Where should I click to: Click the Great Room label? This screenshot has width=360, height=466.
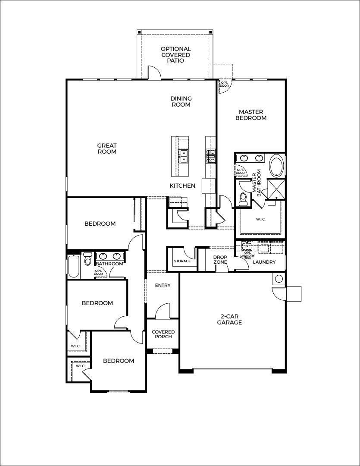[106, 148]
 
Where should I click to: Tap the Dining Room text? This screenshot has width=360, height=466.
[181, 101]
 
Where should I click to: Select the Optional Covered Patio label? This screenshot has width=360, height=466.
[175, 55]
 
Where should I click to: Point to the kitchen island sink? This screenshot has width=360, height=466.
[184, 156]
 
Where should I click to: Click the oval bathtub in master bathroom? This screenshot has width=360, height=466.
[276, 166]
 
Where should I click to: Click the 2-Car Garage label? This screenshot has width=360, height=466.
[229, 319]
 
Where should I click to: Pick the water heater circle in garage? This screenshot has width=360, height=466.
[279, 279]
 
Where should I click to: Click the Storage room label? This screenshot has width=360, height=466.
[182, 261]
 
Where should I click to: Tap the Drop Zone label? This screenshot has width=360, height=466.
[220, 260]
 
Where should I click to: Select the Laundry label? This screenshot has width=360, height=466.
[264, 262]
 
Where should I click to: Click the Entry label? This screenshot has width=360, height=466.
[163, 285]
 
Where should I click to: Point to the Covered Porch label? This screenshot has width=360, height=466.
[163, 334]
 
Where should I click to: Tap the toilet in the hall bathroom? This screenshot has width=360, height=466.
[88, 260]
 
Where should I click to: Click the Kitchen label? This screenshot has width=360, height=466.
[182, 186]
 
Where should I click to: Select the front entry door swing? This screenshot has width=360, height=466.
[163, 311]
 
